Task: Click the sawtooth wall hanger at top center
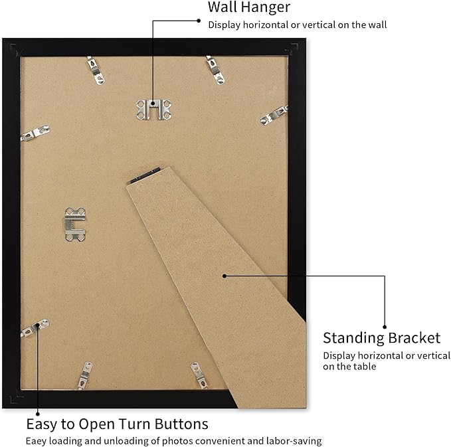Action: (153, 110)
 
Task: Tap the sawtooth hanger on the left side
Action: (75, 224)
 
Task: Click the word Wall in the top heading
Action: (223, 7)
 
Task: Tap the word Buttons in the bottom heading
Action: (181, 424)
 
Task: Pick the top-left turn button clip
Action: (96, 70)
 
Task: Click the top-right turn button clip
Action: (215, 70)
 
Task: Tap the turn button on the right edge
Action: (274, 116)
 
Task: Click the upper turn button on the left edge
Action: (35, 133)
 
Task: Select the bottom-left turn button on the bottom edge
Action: (85, 376)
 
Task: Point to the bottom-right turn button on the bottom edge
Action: (199, 375)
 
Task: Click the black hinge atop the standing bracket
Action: (145, 175)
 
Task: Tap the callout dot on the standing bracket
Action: (225, 276)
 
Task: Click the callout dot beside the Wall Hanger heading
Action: (199, 21)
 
